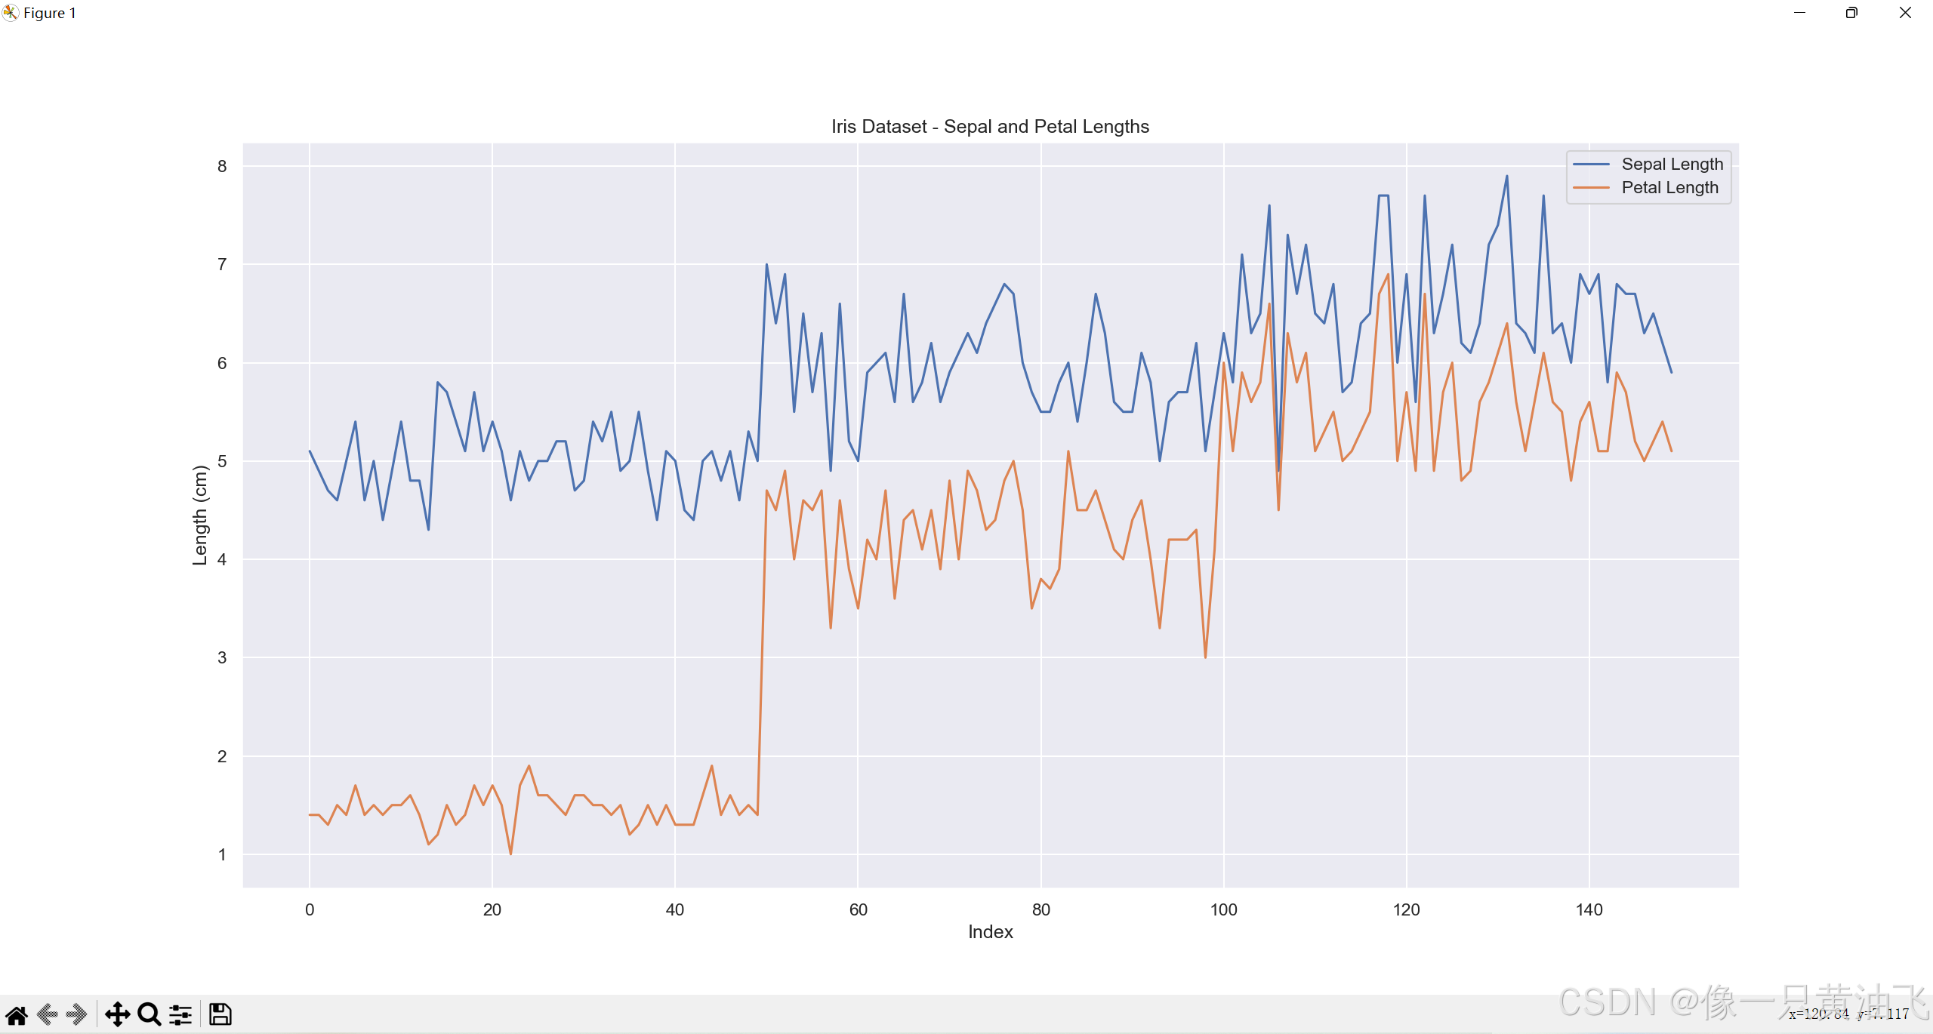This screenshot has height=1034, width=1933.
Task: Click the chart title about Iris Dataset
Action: (x=990, y=127)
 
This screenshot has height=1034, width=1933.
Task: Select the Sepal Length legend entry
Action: (x=1672, y=165)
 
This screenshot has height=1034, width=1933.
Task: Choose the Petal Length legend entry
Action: (x=1669, y=188)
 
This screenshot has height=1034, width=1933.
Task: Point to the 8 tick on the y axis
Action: (x=222, y=166)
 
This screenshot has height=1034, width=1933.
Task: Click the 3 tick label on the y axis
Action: (x=222, y=657)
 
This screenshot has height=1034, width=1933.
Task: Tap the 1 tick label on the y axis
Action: (x=222, y=854)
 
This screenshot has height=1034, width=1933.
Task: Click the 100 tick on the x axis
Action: (x=1223, y=909)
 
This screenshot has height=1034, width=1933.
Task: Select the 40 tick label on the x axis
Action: (x=674, y=909)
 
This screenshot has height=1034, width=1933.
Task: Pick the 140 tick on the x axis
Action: (x=1589, y=909)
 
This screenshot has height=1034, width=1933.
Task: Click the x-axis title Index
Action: (x=990, y=932)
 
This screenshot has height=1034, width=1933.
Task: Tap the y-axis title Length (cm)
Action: (x=200, y=515)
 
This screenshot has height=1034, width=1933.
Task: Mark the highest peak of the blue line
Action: (x=1506, y=177)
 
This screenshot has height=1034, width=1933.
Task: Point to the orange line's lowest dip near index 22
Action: (x=511, y=854)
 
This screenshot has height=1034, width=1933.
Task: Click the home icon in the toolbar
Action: (x=17, y=1014)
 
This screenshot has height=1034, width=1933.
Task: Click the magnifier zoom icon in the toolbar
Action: (x=150, y=1014)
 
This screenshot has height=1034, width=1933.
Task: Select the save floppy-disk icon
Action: (x=220, y=1014)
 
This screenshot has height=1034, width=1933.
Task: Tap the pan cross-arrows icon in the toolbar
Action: (x=117, y=1014)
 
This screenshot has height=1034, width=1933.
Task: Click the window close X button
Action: (x=1905, y=13)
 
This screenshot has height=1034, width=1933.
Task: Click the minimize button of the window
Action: (x=1799, y=13)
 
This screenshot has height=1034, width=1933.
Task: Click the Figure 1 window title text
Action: (x=50, y=13)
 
